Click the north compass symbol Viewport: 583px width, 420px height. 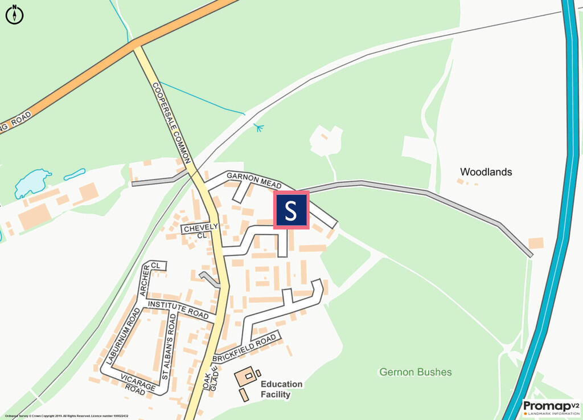(x=14, y=14)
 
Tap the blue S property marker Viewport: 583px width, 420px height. (x=291, y=210)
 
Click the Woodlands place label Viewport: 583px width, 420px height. (x=486, y=172)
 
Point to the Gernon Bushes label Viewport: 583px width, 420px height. (x=416, y=372)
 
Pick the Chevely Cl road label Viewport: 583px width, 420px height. (x=200, y=230)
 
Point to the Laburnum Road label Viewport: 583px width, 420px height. (x=121, y=336)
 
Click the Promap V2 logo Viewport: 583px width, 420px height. (x=550, y=407)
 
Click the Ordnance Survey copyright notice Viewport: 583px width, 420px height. (x=65, y=416)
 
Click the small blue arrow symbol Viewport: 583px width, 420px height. (x=259, y=128)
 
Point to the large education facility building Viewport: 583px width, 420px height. (x=246, y=376)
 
